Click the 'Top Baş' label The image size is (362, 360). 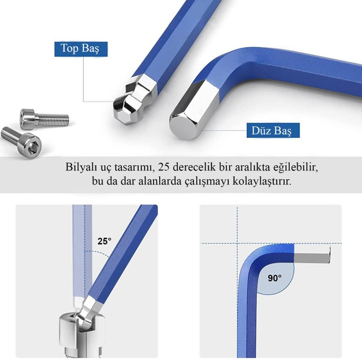pyautogui.click(x=81, y=49)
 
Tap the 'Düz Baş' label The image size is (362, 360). pyautogui.click(x=273, y=131)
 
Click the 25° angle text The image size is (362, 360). pyautogui.click(x=104, y=241)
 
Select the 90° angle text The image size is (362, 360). pyautogui.click(x=275, y=278)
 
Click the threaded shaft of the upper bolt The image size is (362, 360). pyautogui.click(x=53, y=120)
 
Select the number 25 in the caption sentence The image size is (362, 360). pyautogui.click(x=164, y=167)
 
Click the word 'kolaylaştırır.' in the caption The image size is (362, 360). pyautogui.click(x=262, y=181)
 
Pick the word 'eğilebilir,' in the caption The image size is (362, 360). pyautogui.click(x=296, y=167)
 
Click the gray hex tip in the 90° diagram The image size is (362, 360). pyautogui.click(x=312, y=255)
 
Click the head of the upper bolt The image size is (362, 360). pyautogui.click(x=28, y=119)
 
